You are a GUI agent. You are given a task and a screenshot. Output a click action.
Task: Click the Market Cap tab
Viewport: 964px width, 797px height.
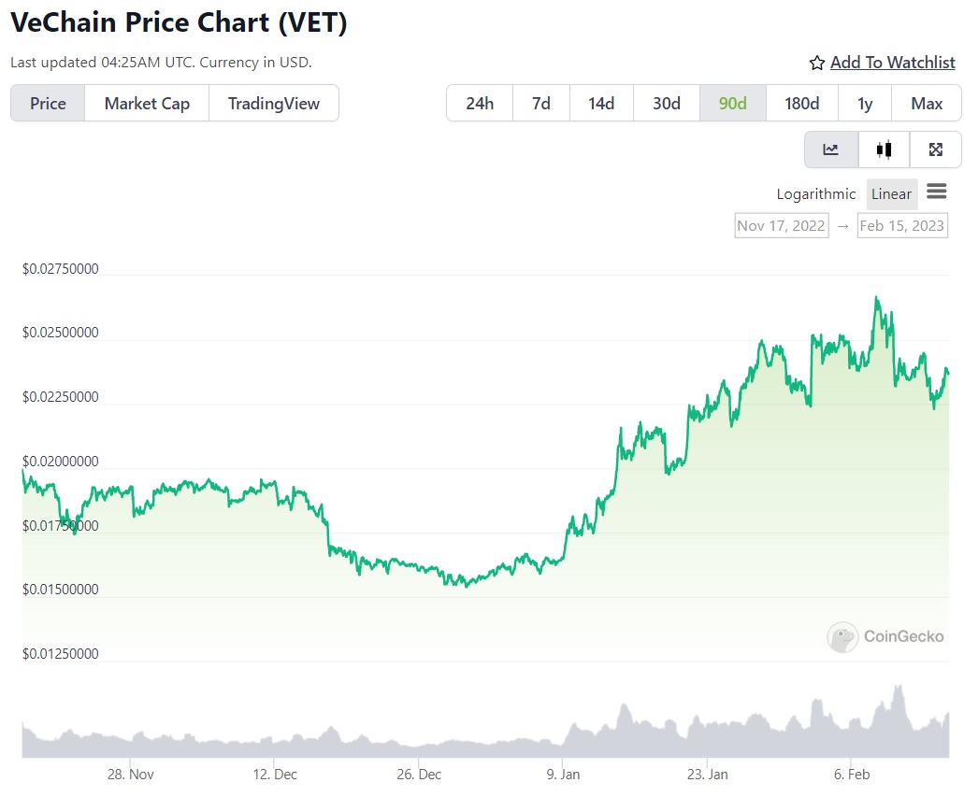pyautogui.click(x=147, y=103)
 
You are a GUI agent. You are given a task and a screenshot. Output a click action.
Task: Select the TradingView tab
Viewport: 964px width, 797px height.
pyautogui.click(x=274, y=103)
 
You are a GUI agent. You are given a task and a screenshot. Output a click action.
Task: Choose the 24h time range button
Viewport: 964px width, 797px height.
pyautogui.click(x=479, y=103)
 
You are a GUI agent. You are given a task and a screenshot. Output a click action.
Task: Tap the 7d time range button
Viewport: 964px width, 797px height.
pyautogui.click(x=541, y=103)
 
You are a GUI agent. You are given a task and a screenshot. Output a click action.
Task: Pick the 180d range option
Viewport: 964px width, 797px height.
pyautogui.click(x=801, y=103)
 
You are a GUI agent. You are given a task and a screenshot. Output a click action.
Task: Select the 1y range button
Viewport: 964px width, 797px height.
pyautogui.click(x=865, y=103)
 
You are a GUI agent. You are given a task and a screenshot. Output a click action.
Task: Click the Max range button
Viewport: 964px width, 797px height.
pyautogui.click(x=927, y=103)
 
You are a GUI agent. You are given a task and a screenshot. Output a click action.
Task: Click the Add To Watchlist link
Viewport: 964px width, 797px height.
pyautogui.click(x=892, y=63)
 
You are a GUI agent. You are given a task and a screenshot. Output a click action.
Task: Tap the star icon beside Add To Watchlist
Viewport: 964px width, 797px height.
pyautogui.click(x=817, y=63)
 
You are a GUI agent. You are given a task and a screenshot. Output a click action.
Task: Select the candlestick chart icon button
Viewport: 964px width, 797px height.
pyautogui.click(x=884, y=149)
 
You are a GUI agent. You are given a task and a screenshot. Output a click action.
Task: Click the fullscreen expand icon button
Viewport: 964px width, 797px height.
pyautogui.click(x=935, y=149)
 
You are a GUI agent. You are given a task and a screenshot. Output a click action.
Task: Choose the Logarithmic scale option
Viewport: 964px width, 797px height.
pyautogui.click(x=815, y=194)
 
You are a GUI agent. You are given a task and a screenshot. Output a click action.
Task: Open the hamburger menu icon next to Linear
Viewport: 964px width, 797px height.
pyautogui.click(x=936, y=192)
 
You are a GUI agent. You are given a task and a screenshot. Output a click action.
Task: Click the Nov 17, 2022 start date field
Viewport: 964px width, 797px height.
pyautogui.click(x=781, y=225)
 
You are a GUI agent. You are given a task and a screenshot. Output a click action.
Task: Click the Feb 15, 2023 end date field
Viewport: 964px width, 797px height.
pyautogui.click(x=901, y=225)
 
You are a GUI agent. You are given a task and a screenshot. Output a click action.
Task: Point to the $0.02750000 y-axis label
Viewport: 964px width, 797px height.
pyautogui.click(x=61, y=269)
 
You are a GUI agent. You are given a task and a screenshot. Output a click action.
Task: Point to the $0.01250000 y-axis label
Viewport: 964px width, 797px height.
pyautogui.click(x=61, y=654)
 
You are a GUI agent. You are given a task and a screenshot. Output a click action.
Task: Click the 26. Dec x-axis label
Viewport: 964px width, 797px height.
pyautogui.click(x=418, y=775)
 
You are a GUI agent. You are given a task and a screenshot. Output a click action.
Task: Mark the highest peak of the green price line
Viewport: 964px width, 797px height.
pyautogui.click(x=876, y=297)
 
